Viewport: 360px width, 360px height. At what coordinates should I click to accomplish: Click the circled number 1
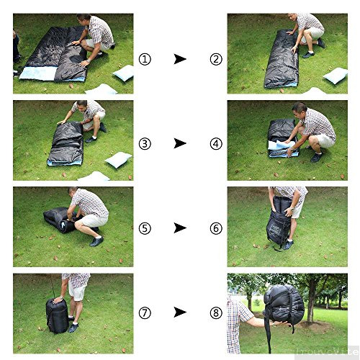[x=145, y=59]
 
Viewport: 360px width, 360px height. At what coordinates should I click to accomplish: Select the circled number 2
[x=215, y=59]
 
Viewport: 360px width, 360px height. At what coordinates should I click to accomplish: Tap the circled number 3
[x=145, y=143]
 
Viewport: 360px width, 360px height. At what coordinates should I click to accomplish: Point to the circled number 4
[x=215, y=143]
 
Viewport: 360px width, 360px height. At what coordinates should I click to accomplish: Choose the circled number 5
[x=145, y=228]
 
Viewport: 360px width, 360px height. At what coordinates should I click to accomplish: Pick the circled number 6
[x=215, y=228]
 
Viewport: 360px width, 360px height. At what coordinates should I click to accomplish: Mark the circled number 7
[x=145, y=313]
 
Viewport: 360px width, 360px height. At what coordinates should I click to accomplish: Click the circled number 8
[x=215, y=313]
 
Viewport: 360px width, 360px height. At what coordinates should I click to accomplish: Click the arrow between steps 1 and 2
[x=180, y=59]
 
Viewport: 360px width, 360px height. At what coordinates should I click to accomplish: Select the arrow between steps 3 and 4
[x=180, y=143]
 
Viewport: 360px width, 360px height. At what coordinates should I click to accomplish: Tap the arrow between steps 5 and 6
[x=180, y=228]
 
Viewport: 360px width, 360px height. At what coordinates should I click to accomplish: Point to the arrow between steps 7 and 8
[x=180, y=313]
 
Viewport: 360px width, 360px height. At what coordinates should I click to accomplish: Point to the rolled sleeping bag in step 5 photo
[x=59, y=220]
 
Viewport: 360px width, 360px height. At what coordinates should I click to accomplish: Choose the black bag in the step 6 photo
[x=278, y=226]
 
